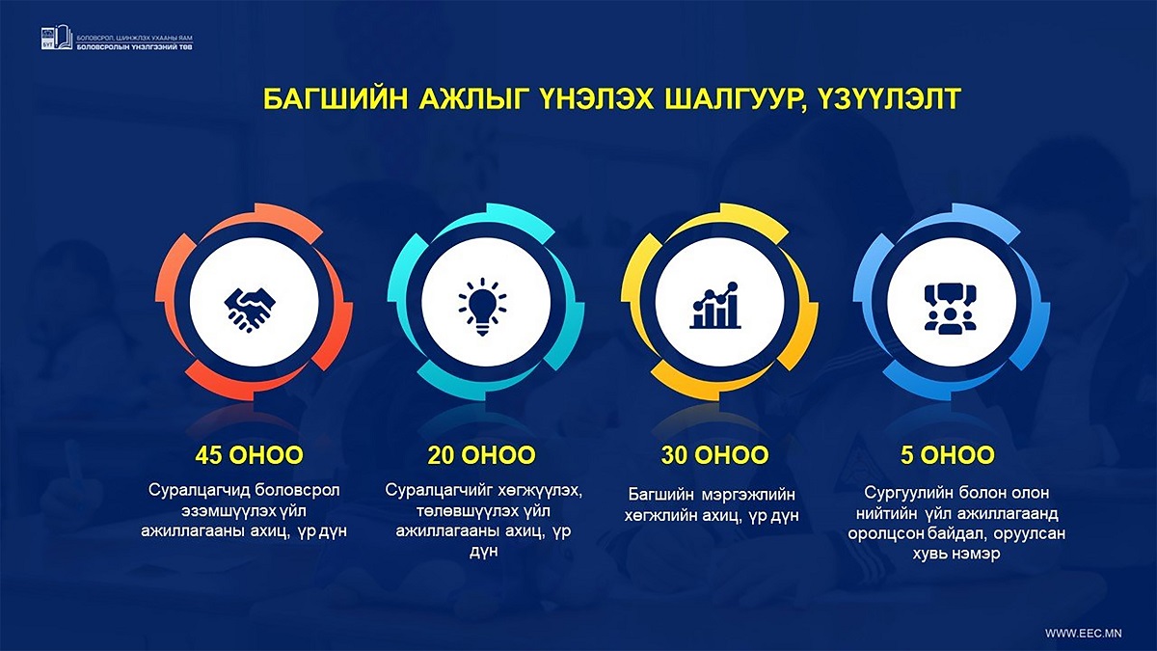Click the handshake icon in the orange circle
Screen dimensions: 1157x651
pos(250,310)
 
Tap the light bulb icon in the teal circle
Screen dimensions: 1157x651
pos(482,307)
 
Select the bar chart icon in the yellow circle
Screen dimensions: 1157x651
pos(714,306)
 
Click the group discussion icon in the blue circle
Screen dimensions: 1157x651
pos(951,309)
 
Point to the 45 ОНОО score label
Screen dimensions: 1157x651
pos(249,455)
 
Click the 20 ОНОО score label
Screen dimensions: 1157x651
pos(481,455)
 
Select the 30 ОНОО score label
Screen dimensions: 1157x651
pos(714,455)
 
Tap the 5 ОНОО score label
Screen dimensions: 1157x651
pos(948,455)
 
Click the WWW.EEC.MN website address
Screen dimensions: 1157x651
pos(1084,634)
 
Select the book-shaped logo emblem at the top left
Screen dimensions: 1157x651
pos(57,38)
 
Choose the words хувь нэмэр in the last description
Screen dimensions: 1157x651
pos(956,554)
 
